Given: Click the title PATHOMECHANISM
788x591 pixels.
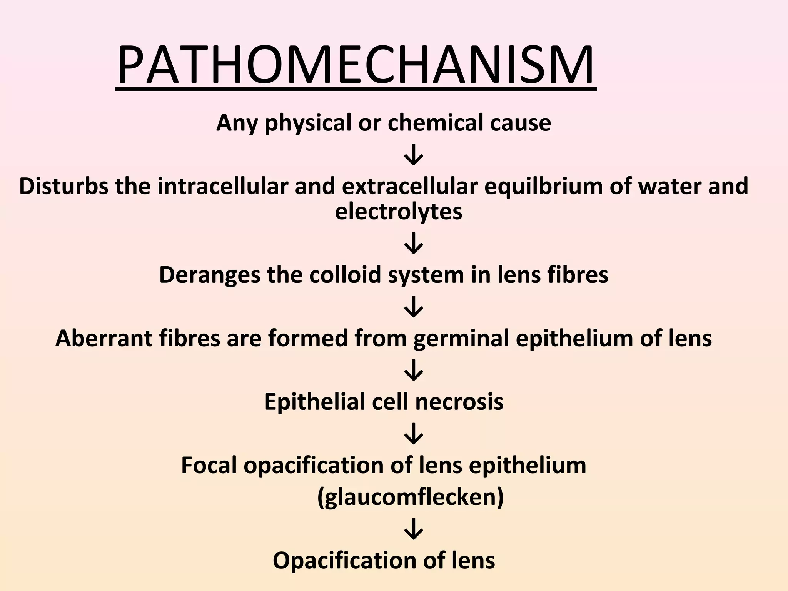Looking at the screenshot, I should [356, 66].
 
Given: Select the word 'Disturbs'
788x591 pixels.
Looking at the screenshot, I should [63, 187].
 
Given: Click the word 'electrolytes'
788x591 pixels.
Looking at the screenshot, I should [399, 212].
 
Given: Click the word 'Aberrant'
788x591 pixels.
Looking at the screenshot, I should [104, 339].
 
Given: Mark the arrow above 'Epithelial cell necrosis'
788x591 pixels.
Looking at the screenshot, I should [414, 370].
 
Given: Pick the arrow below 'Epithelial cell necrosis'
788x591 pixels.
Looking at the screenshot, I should [414, 434].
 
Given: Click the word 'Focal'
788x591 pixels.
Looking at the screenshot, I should [209, 466].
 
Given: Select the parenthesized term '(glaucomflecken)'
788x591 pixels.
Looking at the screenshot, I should [410, 498].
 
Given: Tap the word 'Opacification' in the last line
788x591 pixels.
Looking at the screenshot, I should [344, 561].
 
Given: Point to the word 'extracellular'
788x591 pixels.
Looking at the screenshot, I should [410, 187].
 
